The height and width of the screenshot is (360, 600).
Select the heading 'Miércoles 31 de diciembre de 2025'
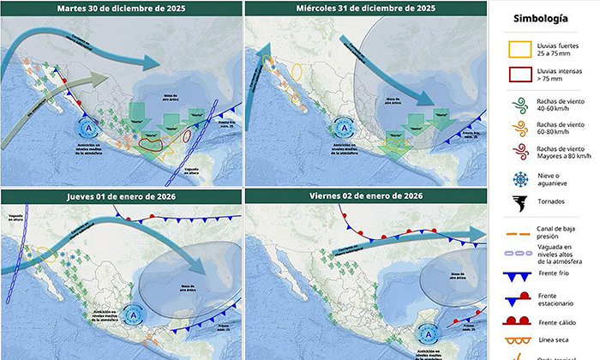click(367, 9)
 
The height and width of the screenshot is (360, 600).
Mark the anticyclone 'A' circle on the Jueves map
click(133, 313)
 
